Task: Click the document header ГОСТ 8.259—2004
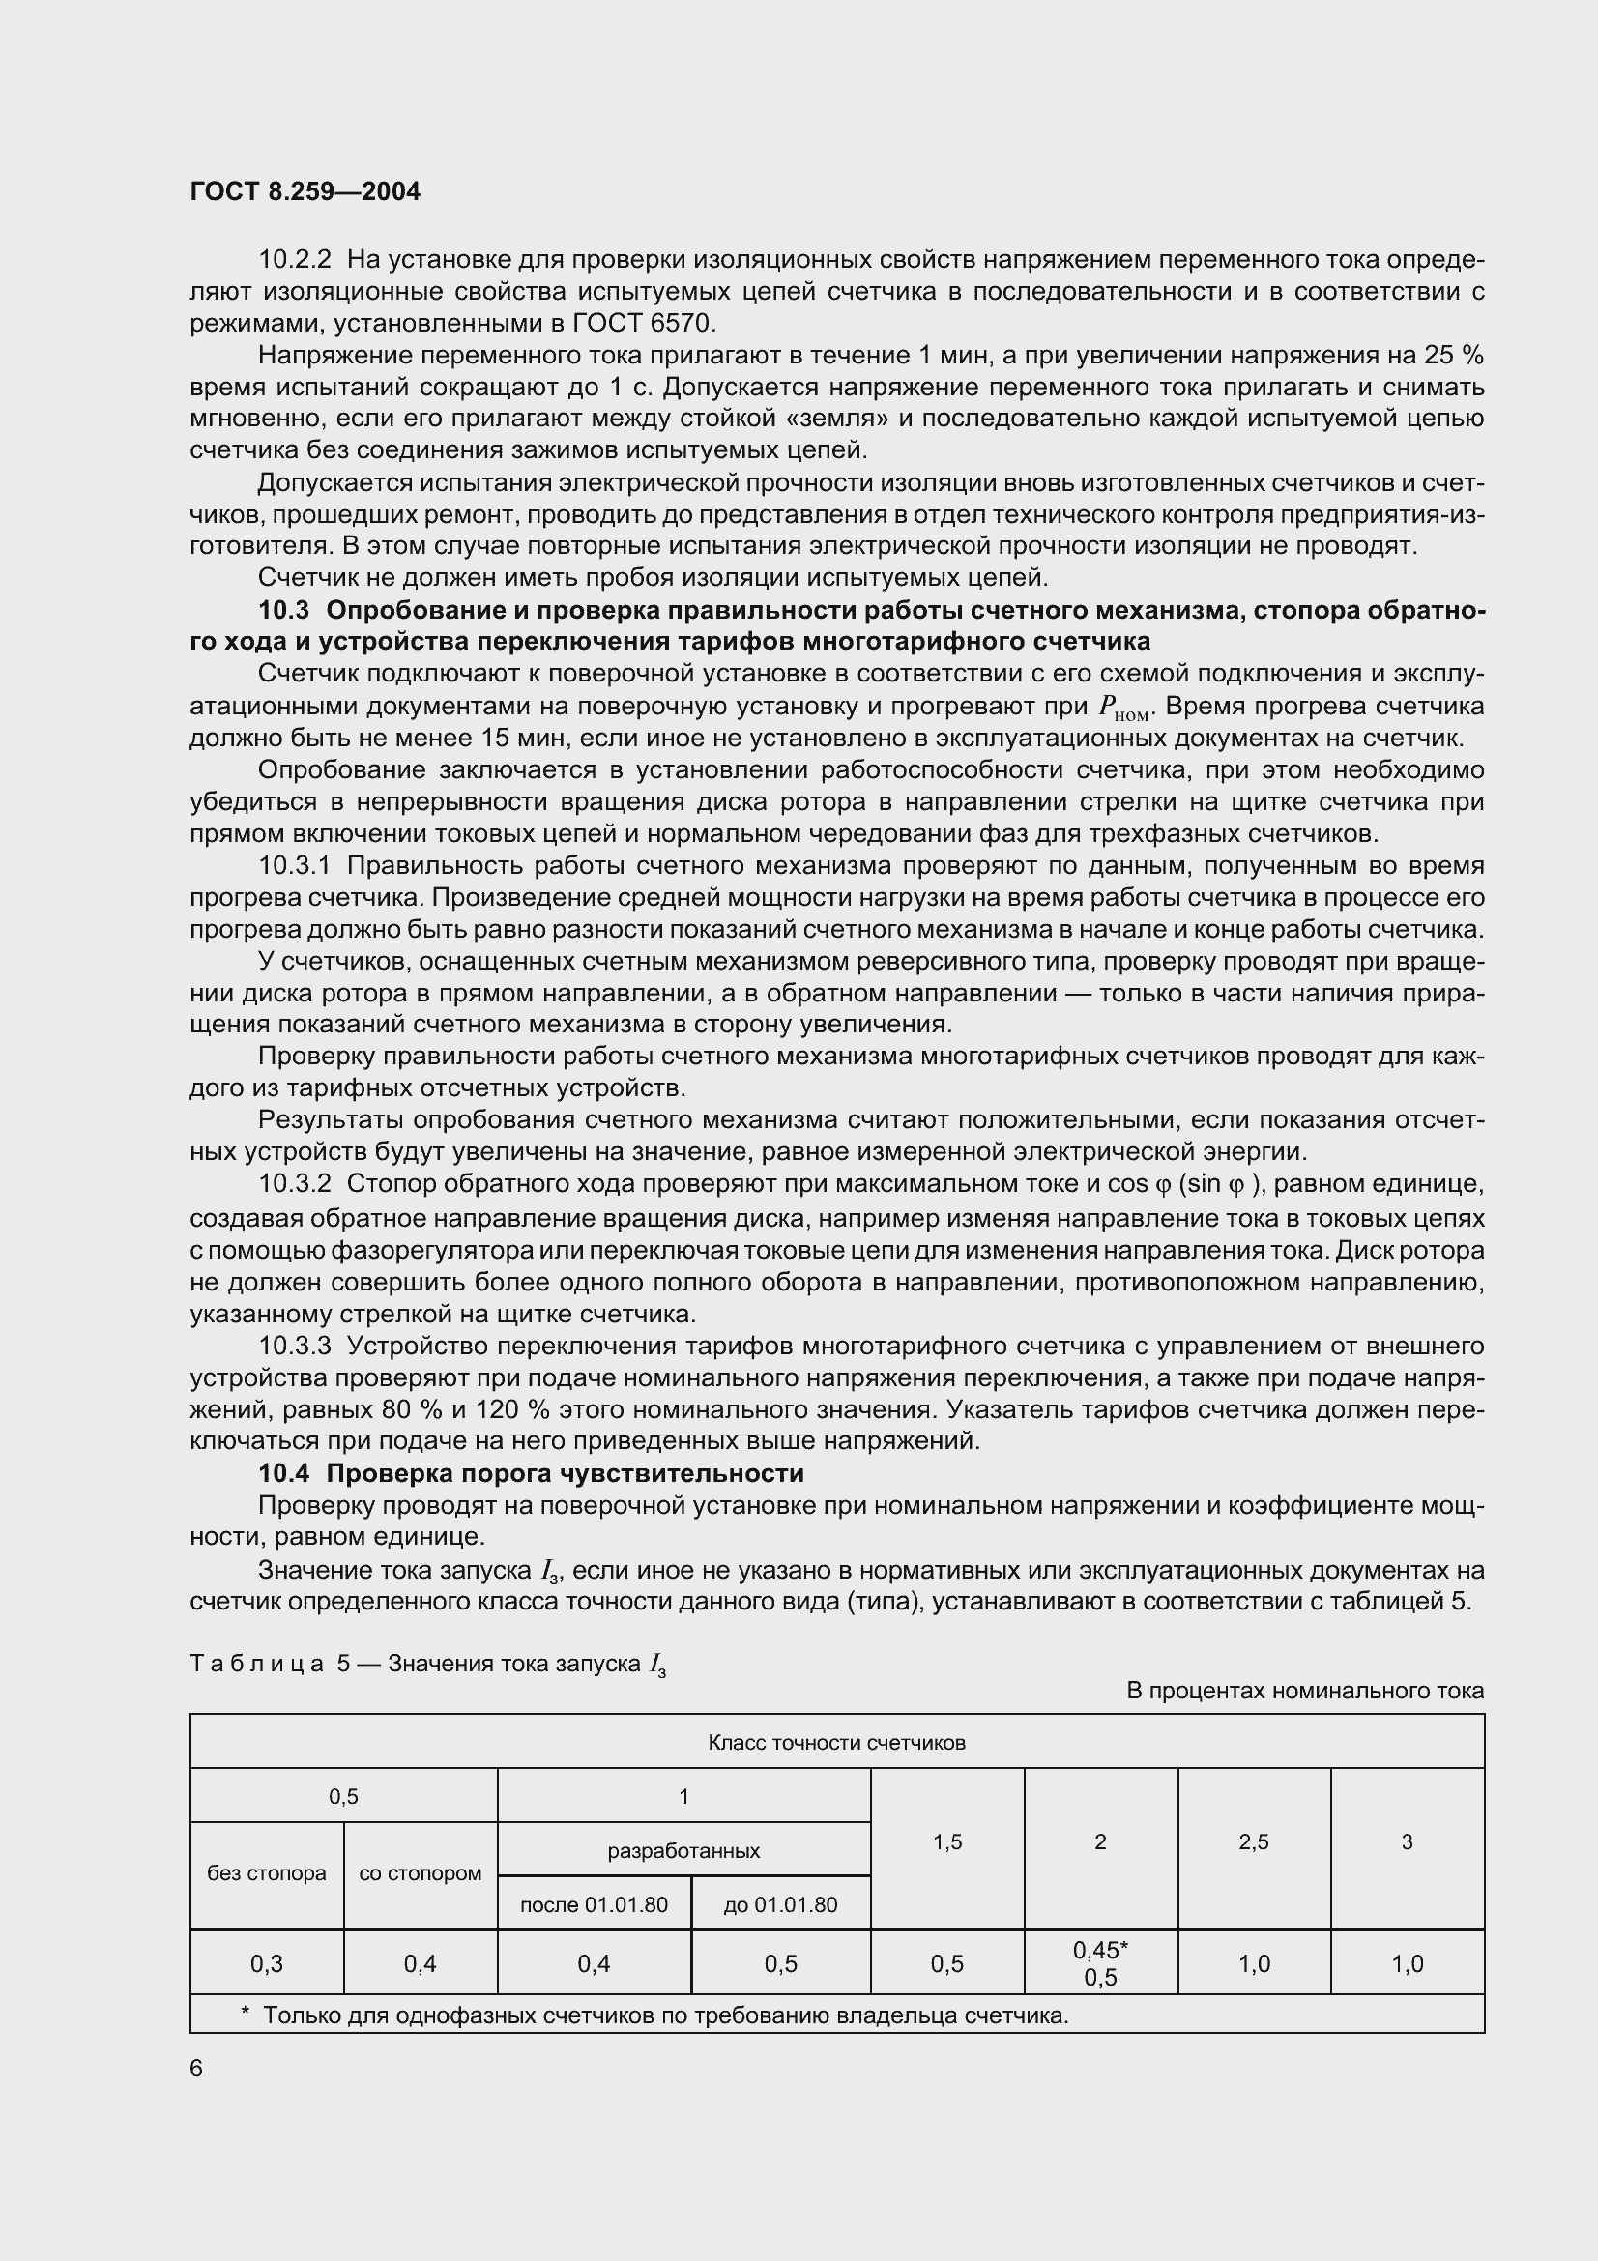(x=305, y=192)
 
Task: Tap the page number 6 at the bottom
(x=196, y=2068)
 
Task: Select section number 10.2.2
(x=296, y=260)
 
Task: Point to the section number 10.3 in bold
(x=282, y=611)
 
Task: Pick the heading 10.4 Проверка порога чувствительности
(x=532, y=1473)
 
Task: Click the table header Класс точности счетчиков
(x=836, y=1742)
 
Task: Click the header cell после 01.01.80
(x=594, y=1904)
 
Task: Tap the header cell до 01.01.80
(x=780, y=1904)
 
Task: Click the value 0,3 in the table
(x=266, y=1963)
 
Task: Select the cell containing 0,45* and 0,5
(x=1100, y=1963)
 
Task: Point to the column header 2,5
(x=1254, y=1841)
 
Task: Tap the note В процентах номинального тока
(x=1304, y=1691)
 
